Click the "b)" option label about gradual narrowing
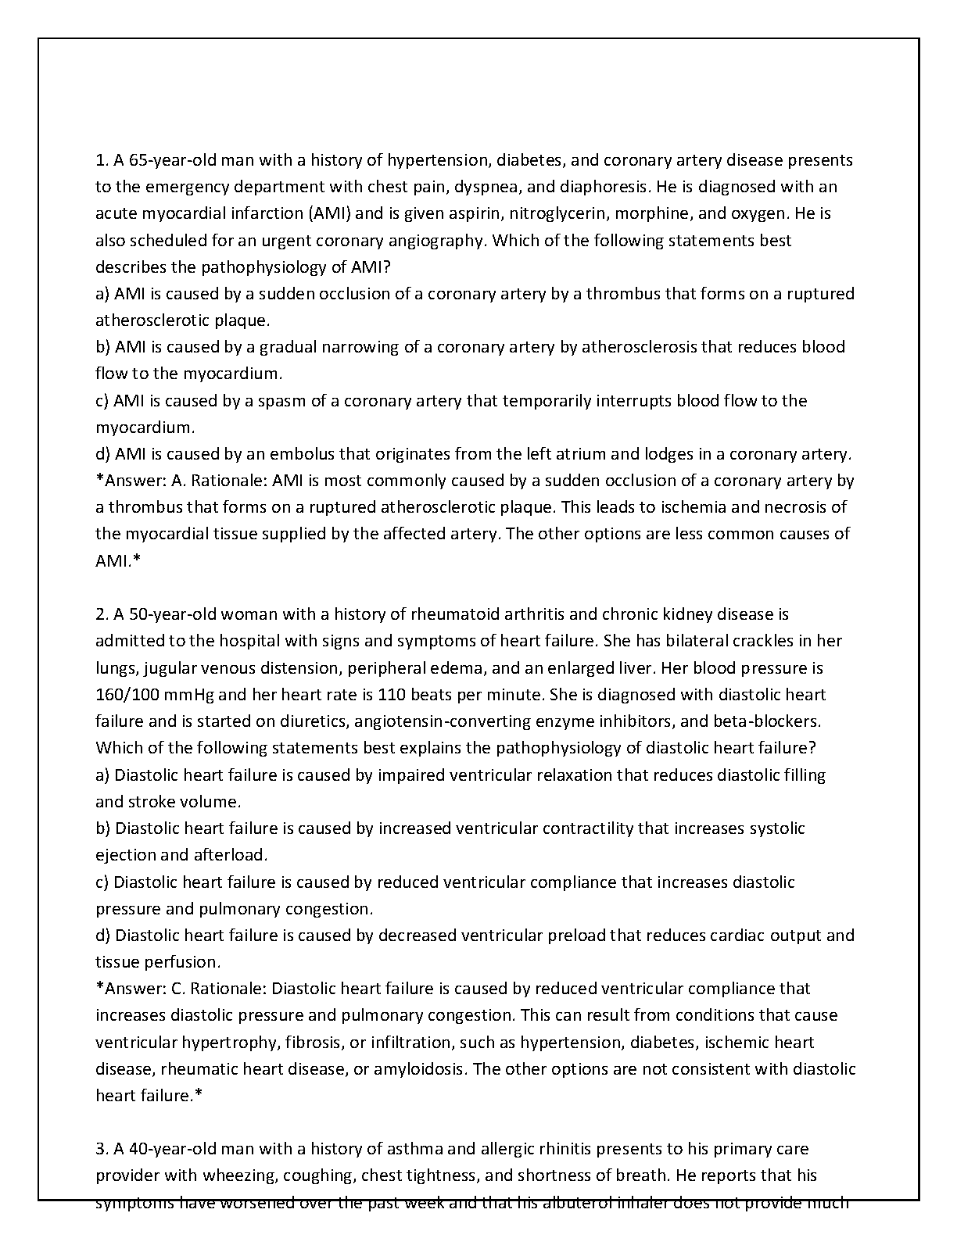(x=103, y=347)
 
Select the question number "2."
(x=102, y=615)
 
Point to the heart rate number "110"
(x=391, y=695)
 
